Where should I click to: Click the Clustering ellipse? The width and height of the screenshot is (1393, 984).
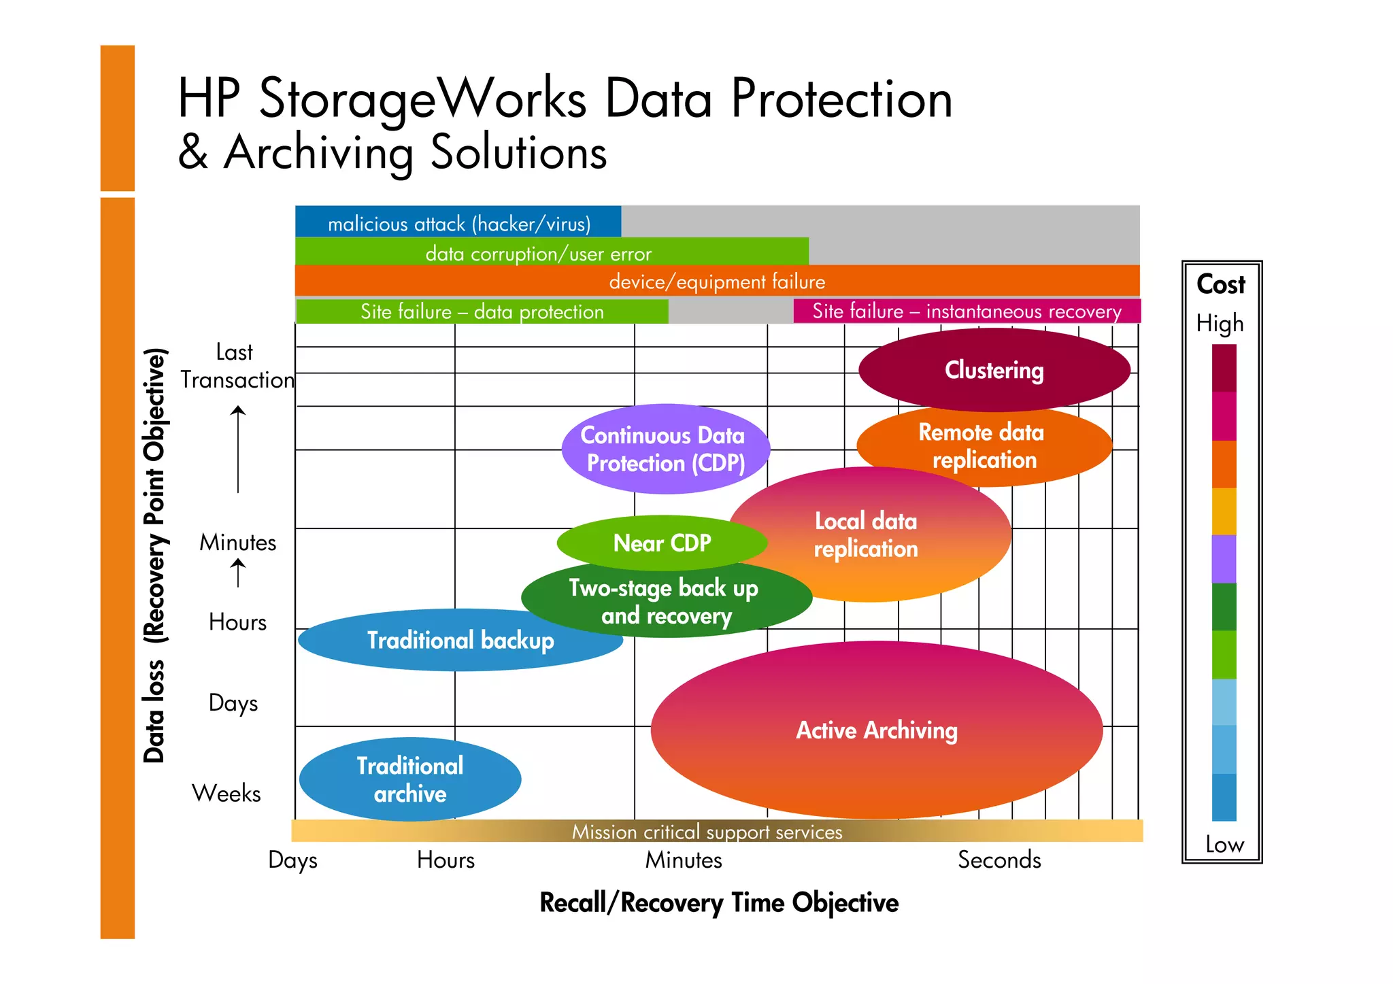coord(994,370)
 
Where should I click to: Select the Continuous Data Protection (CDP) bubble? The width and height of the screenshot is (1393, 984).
coord(665,449)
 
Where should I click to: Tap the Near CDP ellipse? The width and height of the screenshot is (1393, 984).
coord(662,543)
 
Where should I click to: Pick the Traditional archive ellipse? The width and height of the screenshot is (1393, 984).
coord(410,779)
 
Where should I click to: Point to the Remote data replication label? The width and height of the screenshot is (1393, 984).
coord(984,445)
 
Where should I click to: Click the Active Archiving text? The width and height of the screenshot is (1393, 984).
coord(877,730)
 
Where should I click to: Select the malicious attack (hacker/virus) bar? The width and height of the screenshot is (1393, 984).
coord(458,222)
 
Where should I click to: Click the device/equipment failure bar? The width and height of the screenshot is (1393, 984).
coord(717,281)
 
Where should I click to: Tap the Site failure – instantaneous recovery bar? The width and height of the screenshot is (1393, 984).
coord(967,311)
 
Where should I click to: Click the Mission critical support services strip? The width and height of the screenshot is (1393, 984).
coord(707,831)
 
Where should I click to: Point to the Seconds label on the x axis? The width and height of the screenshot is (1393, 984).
coord(998,860)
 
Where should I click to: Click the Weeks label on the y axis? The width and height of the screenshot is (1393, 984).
coord(226,793)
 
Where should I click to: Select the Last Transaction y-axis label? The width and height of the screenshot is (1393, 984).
coord(236,366)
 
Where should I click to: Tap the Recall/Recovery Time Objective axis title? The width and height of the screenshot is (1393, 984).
coord(719,902)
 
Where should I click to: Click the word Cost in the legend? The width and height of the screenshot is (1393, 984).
coord(1220,284)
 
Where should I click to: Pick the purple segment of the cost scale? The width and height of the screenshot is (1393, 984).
coord(1224,558)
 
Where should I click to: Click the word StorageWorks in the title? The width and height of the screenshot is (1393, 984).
coord(422,99)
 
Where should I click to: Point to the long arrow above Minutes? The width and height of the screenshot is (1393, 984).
coord(238,449)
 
